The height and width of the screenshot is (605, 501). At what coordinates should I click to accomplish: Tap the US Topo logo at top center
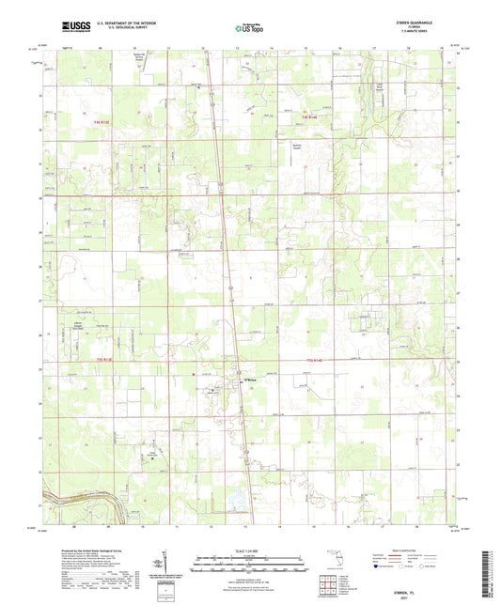248,29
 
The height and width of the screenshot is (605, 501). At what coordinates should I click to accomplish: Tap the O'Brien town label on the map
250,380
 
